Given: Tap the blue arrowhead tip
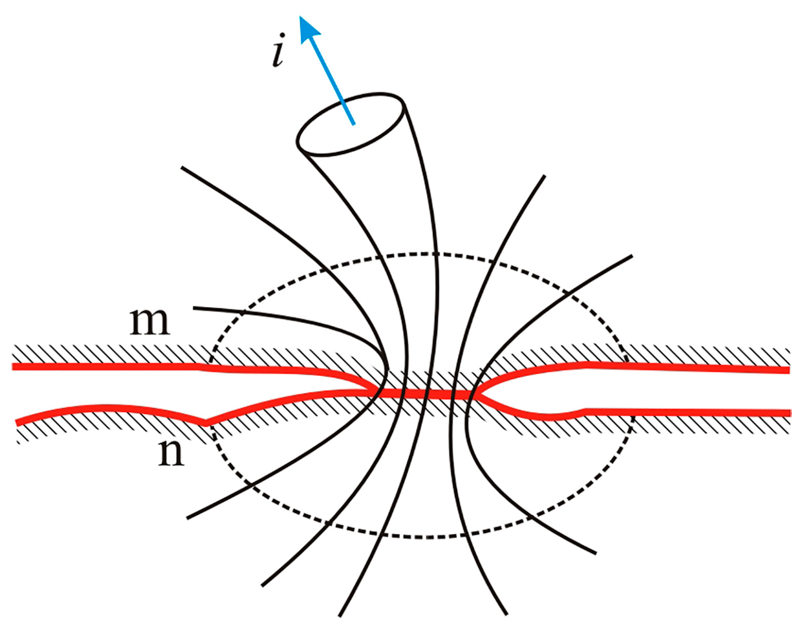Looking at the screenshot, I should pyautogui.click(x=302, y=18).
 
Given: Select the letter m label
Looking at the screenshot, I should pyautogui.click(x=149, y=322).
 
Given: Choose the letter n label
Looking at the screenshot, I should pyautogui.click(x=171, y=453).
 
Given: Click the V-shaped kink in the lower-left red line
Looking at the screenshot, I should pyautogui.click(x=205, y=422).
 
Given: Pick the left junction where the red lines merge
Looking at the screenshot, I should pyautogui.click(x=376, y=393).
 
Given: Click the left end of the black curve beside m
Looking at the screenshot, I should pyautogui.click(x=194, y=307).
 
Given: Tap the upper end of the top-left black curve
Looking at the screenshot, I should pyautogui.click(x=182, y=167).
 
